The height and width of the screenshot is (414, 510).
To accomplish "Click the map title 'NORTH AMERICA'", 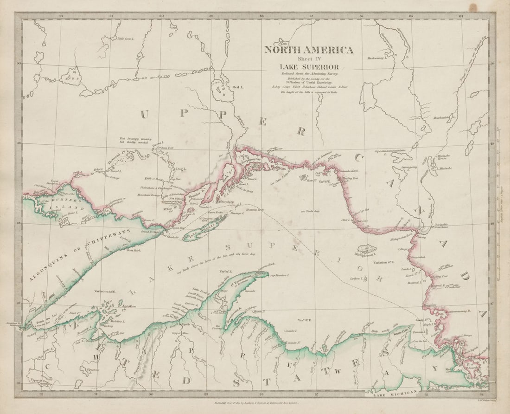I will [x=309, y=50].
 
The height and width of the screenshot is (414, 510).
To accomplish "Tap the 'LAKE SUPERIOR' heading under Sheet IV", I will [x=309, y=67].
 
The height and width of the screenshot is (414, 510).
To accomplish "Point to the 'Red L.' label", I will [x=237, y=87].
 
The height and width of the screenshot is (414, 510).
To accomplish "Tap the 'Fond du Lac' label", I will [x=43, y=321].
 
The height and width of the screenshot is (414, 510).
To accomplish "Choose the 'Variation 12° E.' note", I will [x=106, y=292].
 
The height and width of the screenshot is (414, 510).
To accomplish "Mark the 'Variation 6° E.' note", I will [x=384, y=263].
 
